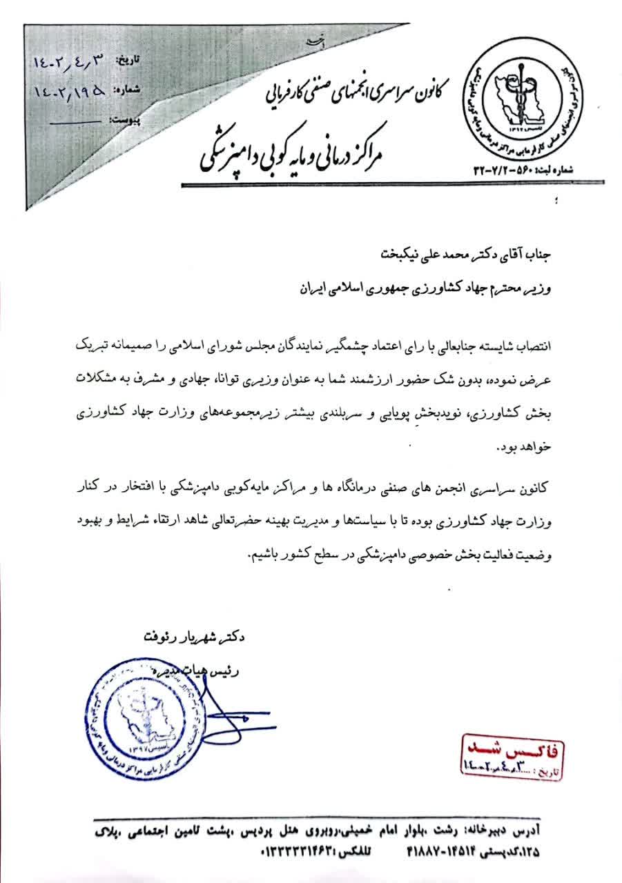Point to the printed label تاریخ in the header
(x=126, y=61)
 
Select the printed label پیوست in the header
(x=124, y=119)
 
